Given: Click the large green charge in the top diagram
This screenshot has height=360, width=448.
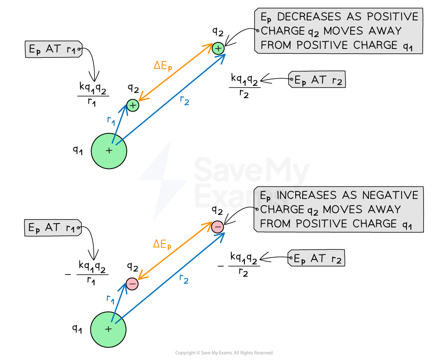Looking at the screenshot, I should pos(109,151).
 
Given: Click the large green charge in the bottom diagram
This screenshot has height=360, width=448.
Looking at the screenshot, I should pos(108,329).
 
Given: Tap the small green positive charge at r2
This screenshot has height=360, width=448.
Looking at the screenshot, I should pos(218,48).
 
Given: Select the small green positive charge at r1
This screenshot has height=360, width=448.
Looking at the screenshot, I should pos(133,105).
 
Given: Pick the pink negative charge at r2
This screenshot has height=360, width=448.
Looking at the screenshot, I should pos(217,227).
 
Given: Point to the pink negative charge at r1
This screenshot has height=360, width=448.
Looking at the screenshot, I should pos(132,284).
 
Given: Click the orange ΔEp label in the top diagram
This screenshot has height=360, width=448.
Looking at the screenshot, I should pos(163,66).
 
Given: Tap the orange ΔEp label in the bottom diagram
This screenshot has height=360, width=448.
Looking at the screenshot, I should pos(162,244).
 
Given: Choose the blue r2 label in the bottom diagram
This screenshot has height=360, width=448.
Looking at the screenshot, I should pos(184,279).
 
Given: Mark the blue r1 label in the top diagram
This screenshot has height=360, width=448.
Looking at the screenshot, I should pos(111,120).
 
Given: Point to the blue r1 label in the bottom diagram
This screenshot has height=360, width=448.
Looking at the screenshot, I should pos(110,299).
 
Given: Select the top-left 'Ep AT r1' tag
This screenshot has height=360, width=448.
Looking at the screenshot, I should pos(53,50).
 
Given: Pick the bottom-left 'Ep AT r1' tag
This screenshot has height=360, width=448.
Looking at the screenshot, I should pos(53,228).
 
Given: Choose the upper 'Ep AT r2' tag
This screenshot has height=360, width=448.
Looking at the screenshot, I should pos(317,81).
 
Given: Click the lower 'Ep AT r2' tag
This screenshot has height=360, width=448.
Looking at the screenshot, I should pos(316,258).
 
